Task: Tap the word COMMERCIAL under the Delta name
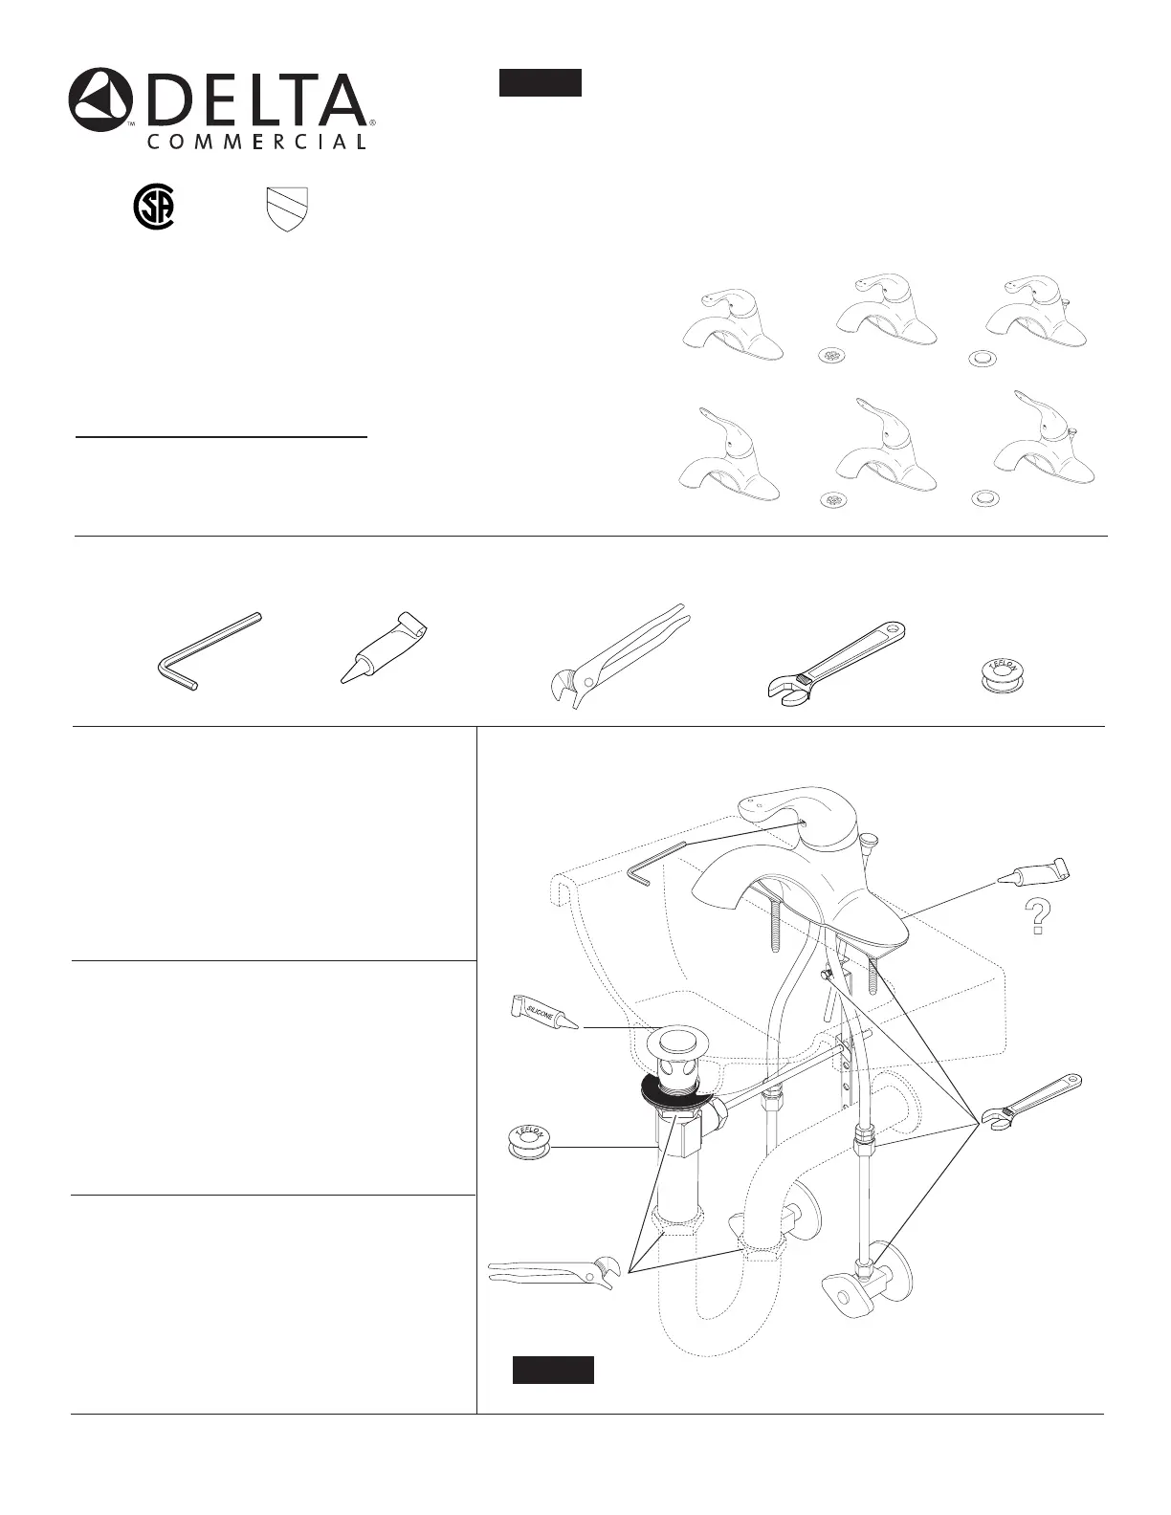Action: click(256, 142)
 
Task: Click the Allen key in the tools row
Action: click(208, 650)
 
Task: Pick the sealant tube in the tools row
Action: click(384, 647)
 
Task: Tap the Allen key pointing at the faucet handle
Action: click(657, 863)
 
